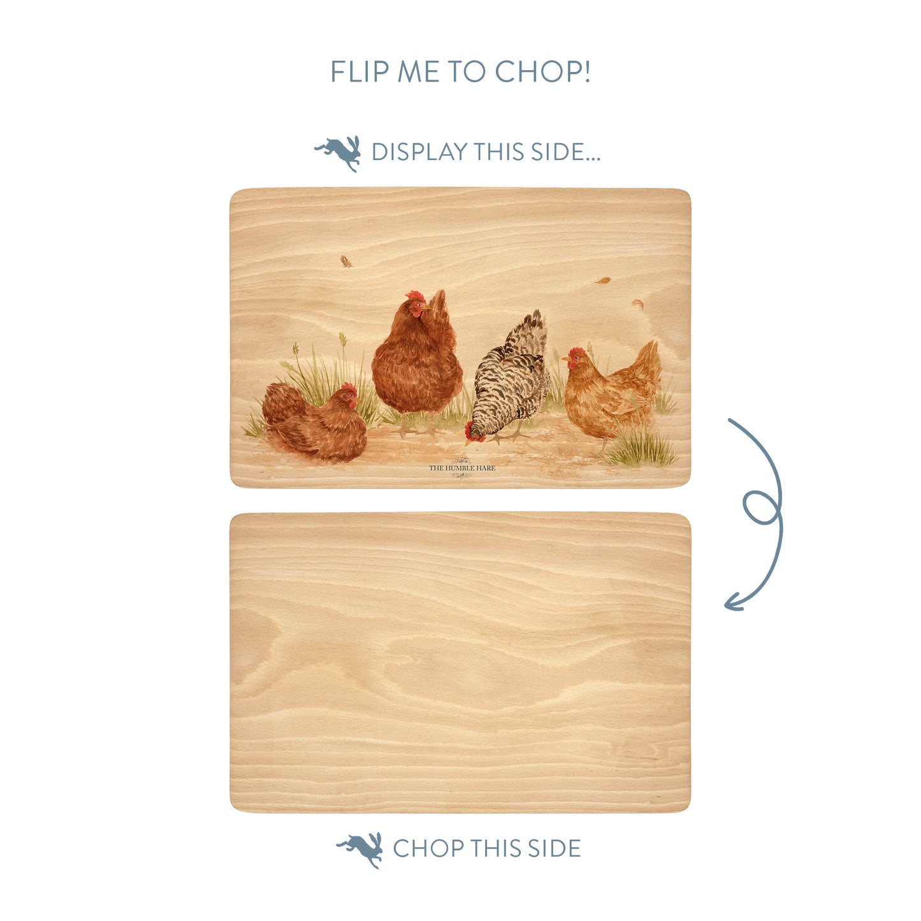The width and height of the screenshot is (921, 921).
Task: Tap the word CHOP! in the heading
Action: point(542,71)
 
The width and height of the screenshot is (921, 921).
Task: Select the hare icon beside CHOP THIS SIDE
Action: point(359,850)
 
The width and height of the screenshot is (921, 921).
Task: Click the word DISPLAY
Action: point(419,152)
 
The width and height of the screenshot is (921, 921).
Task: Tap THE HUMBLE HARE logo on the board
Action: point(461,468)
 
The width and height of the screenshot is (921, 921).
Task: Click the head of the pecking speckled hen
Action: point(474,433)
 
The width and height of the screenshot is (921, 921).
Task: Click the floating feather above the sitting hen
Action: point(345,261)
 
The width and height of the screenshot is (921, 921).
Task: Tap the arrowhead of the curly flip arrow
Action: point(734,602)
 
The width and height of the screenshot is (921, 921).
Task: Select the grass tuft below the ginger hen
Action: point(639,448)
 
